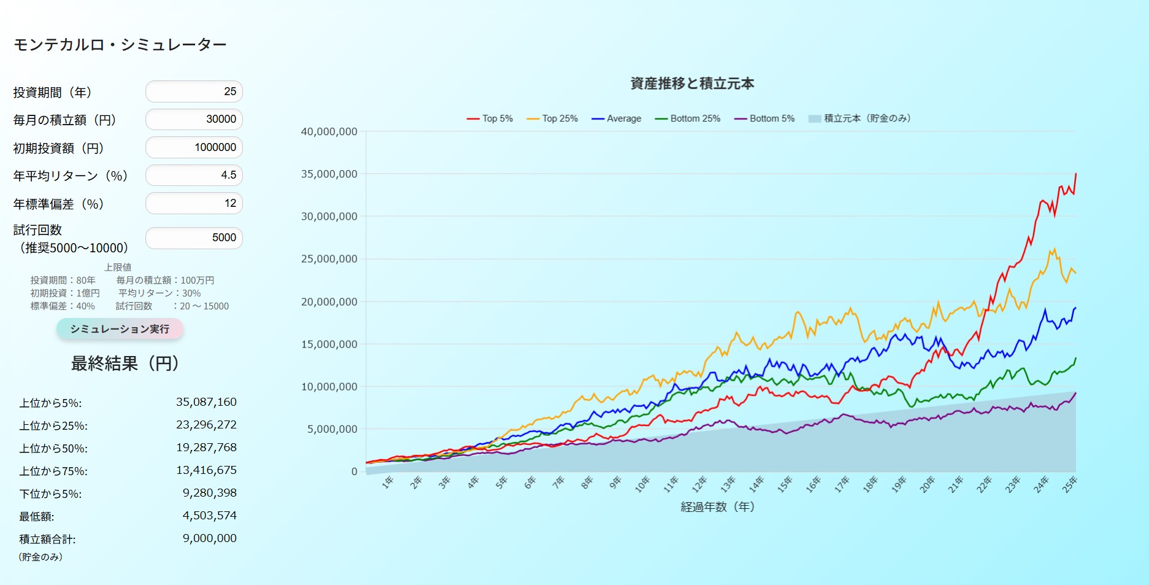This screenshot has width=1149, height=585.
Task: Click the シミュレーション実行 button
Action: pyautogui.click(x=120, y=329)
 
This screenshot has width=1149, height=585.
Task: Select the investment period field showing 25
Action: pyautogui.click(x=194, y=91)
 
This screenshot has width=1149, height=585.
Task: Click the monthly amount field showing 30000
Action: pyautogui.click(x=194, y=119)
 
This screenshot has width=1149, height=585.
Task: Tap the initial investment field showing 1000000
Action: pyautogui.click(x=194, y=147)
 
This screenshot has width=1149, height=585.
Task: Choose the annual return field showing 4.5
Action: pyautogui.click(x=194, y=175)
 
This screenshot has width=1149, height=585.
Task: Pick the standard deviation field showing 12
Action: pyautogui.click(x=194, y=203)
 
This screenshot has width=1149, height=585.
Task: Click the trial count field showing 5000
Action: pyautogui.click(x=194, y=238)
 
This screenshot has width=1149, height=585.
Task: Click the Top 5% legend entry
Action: pyautogui.click(x=490, y=118)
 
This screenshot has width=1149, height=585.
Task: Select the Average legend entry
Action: pyautogui.click(x=617, y=118)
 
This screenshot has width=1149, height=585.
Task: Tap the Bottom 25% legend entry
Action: pyautogui.click(x=688, y=118)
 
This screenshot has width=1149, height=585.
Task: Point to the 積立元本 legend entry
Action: pyautogui.click(x=859, y=118)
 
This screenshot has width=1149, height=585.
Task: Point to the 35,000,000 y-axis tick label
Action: pyautogui.click(x=329, y=174)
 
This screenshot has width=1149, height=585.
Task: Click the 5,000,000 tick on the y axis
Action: pyautogui.click(x=332, y=429)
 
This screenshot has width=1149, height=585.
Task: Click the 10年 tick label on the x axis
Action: pyautogui.click(x=642, y=484)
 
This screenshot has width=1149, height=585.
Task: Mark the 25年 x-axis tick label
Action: pyautogui.click(x=1069, y=484)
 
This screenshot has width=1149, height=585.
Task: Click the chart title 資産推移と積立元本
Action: pyautogui.click(x=692, y=83)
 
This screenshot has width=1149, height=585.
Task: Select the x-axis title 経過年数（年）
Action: pyautogui.click(x=717, y=507)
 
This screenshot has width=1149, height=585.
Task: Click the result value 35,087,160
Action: pyautogui.click(x=206, y=402)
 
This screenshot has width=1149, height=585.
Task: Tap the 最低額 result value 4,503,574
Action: pyautogui.click(x=209, y=516)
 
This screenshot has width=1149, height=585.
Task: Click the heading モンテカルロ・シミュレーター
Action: pyautogui.click(x=120, y=45)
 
